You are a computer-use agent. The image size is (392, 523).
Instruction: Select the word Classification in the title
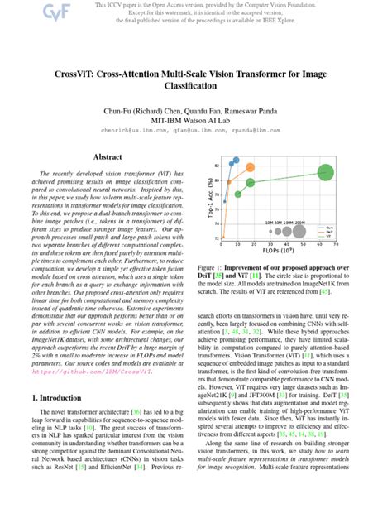(x=195, y=86)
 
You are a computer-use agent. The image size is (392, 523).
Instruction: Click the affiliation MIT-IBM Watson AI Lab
(x=195, y=120)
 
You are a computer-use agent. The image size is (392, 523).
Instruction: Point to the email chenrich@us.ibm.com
(x=136, y=130)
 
